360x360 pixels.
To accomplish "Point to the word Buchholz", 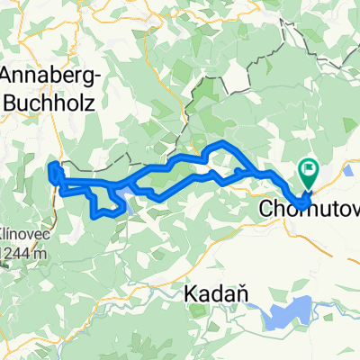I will [x=45, y=101].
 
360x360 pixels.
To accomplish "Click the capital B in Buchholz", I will [x=11, y=101].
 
